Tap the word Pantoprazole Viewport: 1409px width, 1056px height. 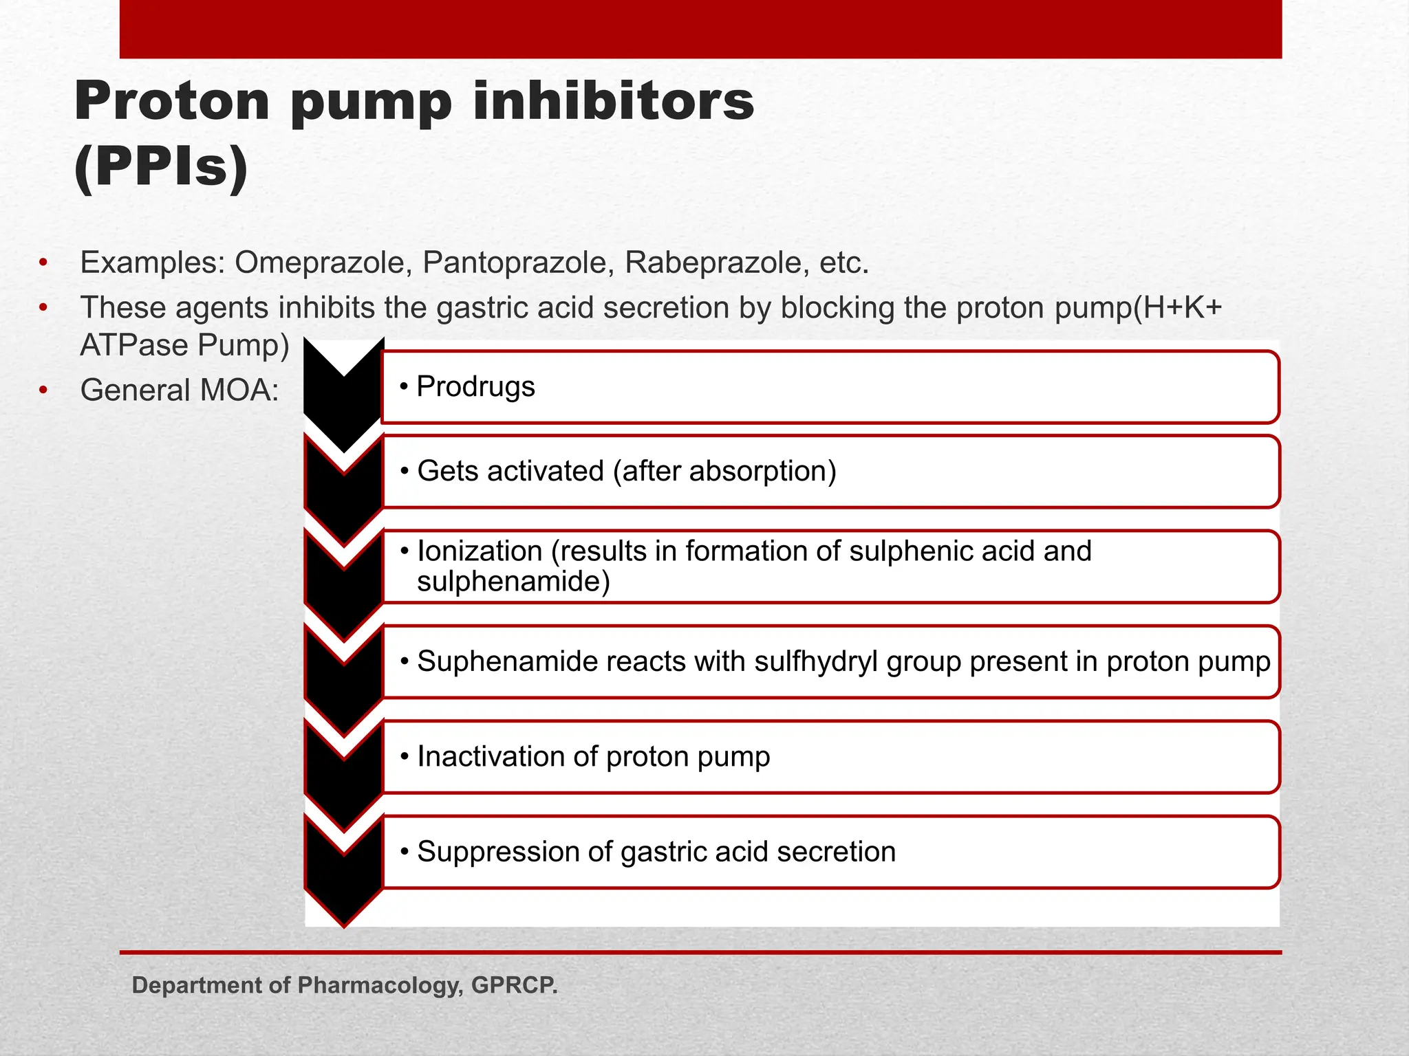[x=517, y=263]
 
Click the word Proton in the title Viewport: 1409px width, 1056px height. [x=171, y=102]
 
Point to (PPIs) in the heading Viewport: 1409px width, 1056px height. [x=161, y=167]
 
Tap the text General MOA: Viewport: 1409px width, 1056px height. [x=180, y=390]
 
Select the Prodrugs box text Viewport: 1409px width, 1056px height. [x=475, y=386]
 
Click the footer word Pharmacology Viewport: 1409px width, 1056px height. [x=379, y=985]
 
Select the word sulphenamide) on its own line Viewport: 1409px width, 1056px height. [x=513, y=582]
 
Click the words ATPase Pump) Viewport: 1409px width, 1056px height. [x=184, y=345]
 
